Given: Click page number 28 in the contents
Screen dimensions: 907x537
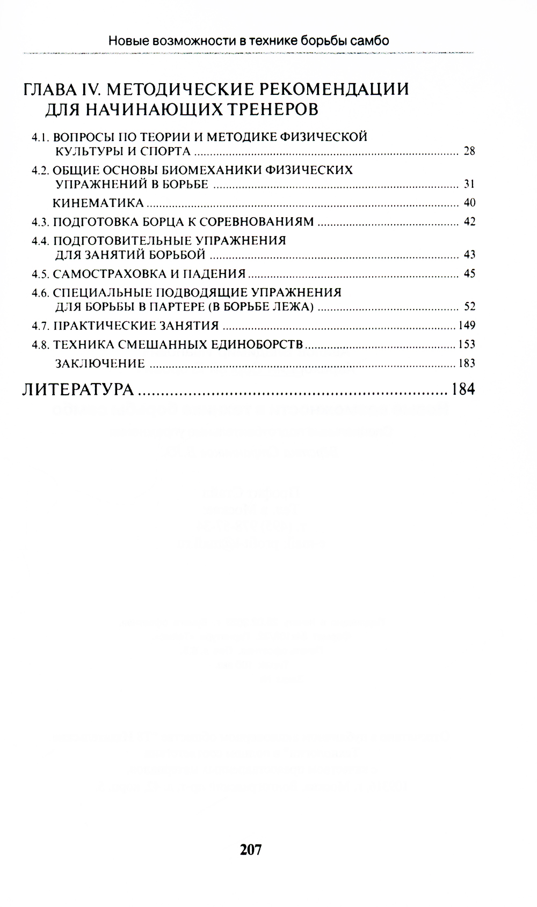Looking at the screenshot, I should (469, 151).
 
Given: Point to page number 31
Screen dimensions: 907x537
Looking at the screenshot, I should (469, 185).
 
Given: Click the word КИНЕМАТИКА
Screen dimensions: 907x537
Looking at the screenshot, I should (98, 203).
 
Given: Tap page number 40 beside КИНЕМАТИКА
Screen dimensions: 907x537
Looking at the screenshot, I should (469, 203).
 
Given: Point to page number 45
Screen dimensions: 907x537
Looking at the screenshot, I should (469, 274).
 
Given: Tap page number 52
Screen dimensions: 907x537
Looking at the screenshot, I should (469, 307).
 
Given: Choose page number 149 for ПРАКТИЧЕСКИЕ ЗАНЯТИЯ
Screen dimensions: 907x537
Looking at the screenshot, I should (467, 326).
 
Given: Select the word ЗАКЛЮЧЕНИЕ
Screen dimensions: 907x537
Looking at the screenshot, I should (100, 364).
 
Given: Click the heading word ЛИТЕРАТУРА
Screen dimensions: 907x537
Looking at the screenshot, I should (78, 389).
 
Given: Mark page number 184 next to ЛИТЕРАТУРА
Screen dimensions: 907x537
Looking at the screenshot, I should (463, 389).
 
